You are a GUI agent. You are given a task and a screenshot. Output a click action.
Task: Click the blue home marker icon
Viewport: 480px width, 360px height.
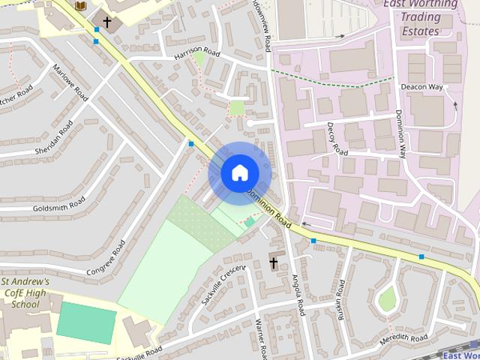coord(239,173)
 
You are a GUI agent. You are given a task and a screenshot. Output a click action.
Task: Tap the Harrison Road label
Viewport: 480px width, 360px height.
coord(196,53)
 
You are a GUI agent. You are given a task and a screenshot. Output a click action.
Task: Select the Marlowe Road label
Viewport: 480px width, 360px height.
coord(70,82)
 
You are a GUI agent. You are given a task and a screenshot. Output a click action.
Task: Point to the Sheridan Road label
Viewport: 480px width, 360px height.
coord(53,138)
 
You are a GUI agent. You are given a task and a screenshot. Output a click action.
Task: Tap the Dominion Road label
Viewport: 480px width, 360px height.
coord(268,208)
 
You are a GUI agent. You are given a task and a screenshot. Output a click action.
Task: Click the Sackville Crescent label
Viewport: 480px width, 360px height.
coord(223,283)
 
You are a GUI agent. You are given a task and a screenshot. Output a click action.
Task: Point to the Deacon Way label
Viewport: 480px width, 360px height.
coord(421,88)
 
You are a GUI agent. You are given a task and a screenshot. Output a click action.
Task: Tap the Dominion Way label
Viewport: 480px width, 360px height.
coord(401,133)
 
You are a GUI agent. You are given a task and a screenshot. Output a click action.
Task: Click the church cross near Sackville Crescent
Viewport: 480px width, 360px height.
coord(274,263)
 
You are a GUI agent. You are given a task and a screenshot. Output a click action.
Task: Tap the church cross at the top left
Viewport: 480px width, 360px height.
coord(107,22)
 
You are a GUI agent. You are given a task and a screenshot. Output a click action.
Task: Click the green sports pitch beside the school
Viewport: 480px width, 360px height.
coord(86,322)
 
